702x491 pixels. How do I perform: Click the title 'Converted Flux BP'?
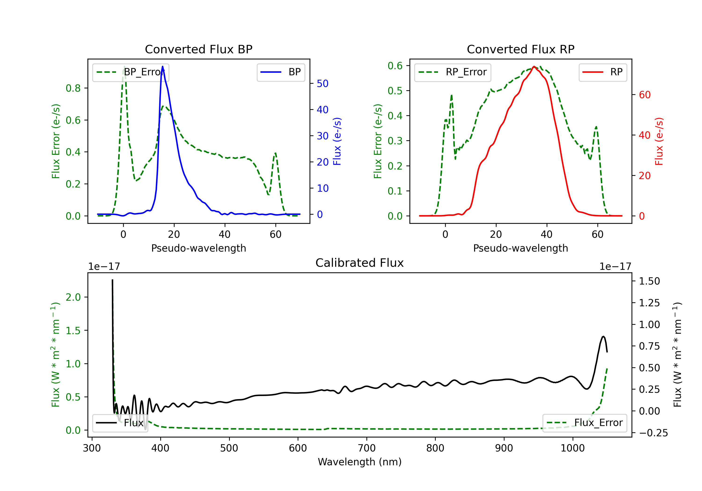coord(198,49)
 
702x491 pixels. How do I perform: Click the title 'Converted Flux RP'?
coord(520,49)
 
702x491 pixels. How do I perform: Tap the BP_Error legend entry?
coord(131,72)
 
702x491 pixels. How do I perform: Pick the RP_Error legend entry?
coord(453,72)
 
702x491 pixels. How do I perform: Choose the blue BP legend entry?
coord(281,72)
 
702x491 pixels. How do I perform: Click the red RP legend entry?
coord(603,72)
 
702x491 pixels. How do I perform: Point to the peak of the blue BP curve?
coord(162,66)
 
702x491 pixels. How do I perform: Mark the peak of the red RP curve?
coord(534,66)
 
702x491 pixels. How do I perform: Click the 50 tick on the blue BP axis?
coord(322,83)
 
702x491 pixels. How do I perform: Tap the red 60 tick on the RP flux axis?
coord(644,95)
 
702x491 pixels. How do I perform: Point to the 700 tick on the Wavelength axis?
coord(367,448)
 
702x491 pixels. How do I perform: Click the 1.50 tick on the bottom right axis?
coord(649,281)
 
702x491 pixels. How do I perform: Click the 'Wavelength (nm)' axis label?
coord(360,462)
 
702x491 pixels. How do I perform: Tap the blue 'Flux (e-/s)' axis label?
coord(337,141)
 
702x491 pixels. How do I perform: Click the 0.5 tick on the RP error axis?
coord(395,91)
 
